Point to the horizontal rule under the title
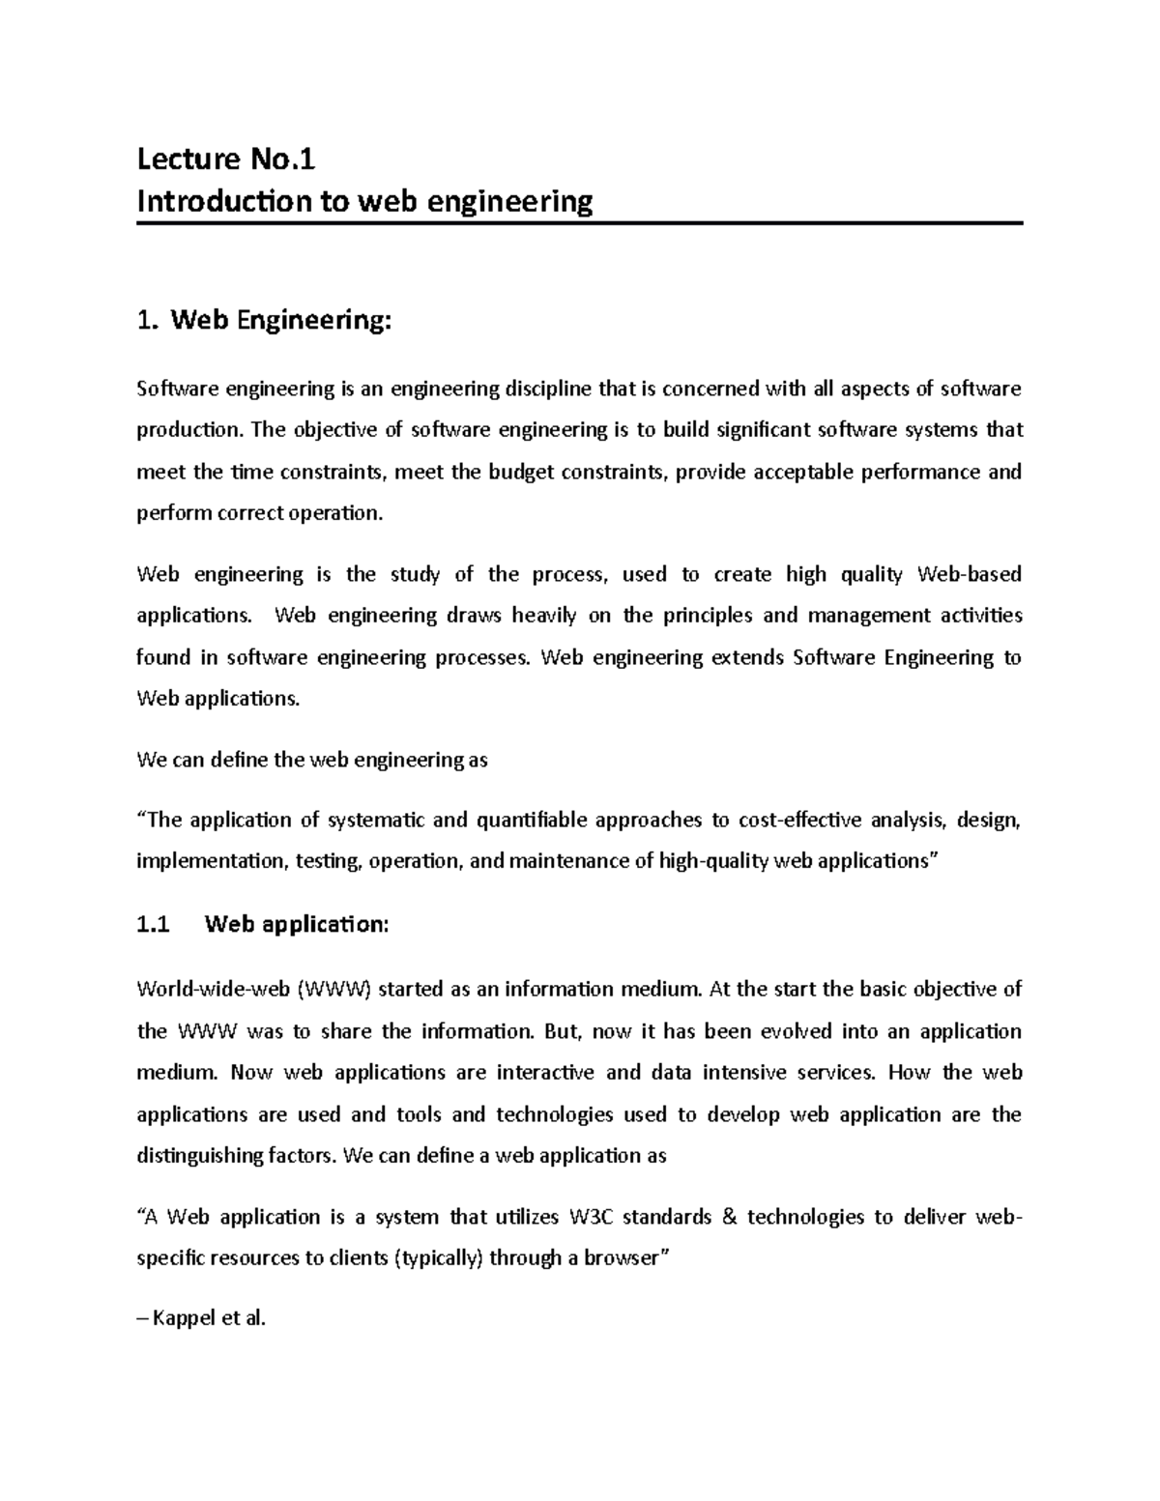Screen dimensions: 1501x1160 [x=579, y=223]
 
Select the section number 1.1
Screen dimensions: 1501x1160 [x=153, y=925]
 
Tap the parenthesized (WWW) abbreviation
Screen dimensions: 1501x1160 [x=334, y=989]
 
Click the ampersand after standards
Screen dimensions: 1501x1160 [x=729, y=1217]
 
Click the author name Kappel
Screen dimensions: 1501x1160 [x=184, y=1318]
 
